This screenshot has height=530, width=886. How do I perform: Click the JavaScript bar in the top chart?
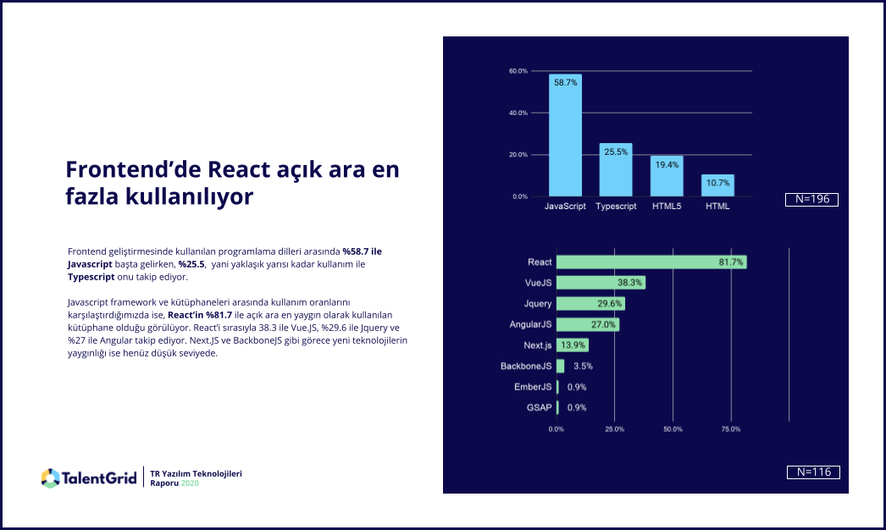pyautogui.click(x=565, y=135)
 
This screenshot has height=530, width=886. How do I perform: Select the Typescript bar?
pyautogui.click(x=616, y=170)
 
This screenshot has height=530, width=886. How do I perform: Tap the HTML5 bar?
pyautogui.click(x=667, y=176)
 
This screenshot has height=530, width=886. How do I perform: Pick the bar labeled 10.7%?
pyautogui.click(x=717, y=185)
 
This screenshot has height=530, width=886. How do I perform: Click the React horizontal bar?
pyautogui.click(x=651, y=262)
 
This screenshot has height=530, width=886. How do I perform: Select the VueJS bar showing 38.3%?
pyautogui.click(x=601, y=283)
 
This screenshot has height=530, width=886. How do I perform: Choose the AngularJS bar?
pyautogui.click(x=587, y=324)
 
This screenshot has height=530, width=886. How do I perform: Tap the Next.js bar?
pyautogui.click(x=572, y=345)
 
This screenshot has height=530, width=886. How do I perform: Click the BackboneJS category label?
pyautogui.click(x=526, y=367)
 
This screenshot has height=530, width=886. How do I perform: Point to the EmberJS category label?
pyautogui.click(x=533, y=387)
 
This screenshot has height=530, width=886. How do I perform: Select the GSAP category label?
pyautogui.click(x=539, y=408)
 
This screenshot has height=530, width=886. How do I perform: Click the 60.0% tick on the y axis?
pyautogui.click(x=518, y=71)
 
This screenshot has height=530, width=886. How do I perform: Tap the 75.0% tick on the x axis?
pyautogui.click(x=730, y=429)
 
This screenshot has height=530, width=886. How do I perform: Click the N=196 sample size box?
pyautogui.click(x=812, y=200)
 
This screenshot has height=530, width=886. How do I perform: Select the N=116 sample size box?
pyautogui.click(x=813, y=472)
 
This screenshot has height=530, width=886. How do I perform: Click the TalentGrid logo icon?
pyautogui.click(x=50, y=478)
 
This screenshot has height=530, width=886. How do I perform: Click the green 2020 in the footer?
pyautogui.click(x=191, y=483)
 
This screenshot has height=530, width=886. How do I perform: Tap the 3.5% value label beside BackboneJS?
pyautogui.click(x=583, y=367)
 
